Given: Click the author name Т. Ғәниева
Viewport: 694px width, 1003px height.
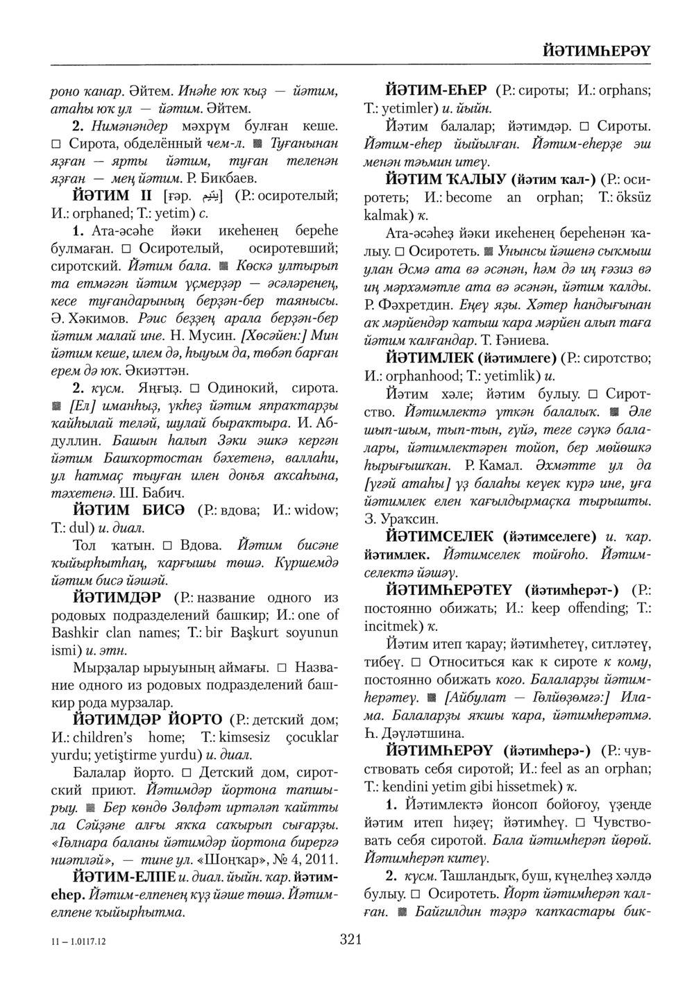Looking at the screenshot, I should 514,340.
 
